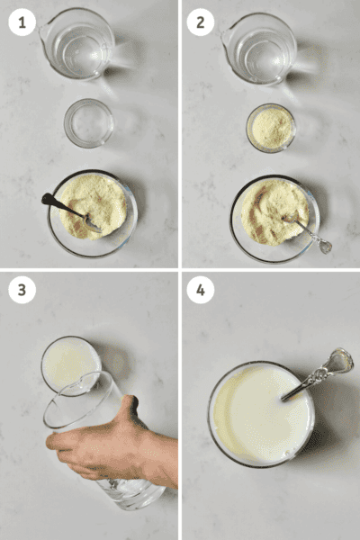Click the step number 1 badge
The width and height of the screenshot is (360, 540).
point(22,22)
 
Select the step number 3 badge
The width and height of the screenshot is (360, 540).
point(22,290)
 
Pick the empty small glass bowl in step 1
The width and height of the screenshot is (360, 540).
point(89,123)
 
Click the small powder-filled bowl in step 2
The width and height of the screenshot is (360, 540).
point(270,127)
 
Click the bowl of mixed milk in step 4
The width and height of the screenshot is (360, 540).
point(261,414)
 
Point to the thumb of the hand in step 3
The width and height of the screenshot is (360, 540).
point(132,409)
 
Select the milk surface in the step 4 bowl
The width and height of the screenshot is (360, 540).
point(256,418)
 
